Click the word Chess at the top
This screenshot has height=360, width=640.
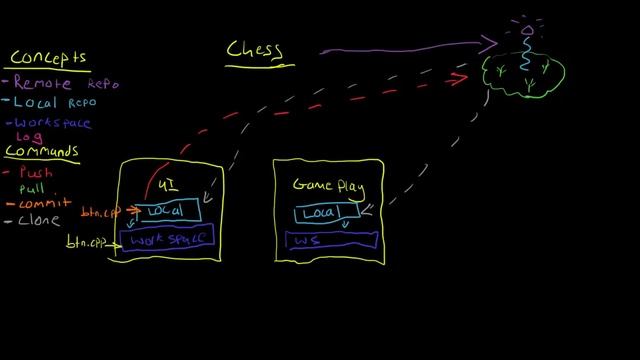[253, 49]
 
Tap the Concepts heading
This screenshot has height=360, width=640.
[47, 58]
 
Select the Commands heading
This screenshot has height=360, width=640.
[42, 151]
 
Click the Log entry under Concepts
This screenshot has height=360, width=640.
[20, 137]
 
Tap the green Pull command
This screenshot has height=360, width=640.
[31, 188]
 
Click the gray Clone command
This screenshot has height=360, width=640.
[40, 220]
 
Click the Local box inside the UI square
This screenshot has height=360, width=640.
[166, 212]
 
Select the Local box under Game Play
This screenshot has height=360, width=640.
[320, 213]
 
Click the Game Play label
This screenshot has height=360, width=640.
[328, 185]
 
